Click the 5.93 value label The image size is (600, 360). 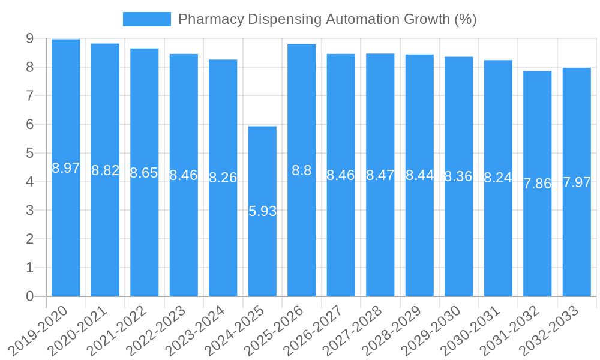pyautogui.click(x=262, y=211)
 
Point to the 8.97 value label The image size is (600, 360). pyautogui.click(x=66, y=168)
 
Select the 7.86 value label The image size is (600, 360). pyautogui.click(x=537, y=184)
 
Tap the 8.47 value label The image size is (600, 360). pyautogui.click(x=380, y=175)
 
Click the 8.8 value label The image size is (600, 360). pyautogui.click(x=301, y=170)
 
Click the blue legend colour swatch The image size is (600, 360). pyautogui.click(x=146, y=19)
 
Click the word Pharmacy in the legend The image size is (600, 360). pyautogui.click(x=203, y=19)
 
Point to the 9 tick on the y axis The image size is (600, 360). pyautogui.click(x=30, y=38)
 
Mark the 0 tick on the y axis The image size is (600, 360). pyautogui.click(x=30, y=296)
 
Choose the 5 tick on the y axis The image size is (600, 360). pyautogui.click(x=30, y=153)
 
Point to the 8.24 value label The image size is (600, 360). pyautogui.click(x=498, y=178)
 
